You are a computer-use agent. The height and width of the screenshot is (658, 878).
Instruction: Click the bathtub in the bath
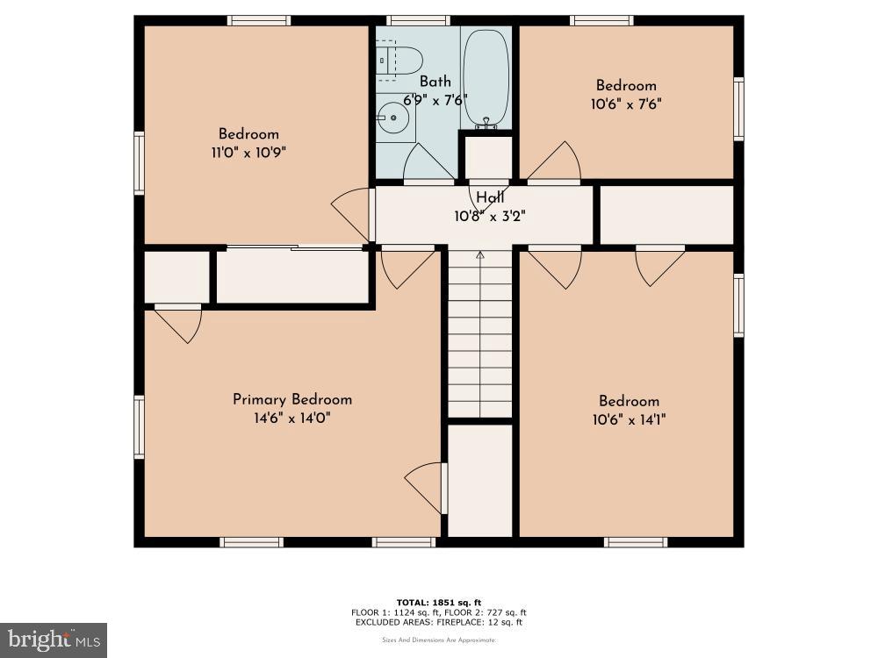486,77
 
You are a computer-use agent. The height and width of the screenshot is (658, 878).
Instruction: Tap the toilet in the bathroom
401,60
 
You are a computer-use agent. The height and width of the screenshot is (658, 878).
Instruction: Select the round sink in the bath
393,117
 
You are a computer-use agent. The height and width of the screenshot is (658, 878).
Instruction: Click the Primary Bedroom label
292,399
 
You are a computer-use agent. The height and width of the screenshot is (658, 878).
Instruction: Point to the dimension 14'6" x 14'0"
292,418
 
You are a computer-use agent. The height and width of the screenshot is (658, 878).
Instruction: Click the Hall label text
489,197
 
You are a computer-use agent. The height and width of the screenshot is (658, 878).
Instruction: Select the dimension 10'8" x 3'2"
489,215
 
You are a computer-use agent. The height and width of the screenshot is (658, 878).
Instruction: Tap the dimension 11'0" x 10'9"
248,152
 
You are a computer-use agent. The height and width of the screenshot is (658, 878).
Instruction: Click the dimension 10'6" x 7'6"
626,103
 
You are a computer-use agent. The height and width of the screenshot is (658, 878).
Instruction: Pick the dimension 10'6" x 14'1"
629,420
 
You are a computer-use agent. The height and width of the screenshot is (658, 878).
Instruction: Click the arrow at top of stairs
480,255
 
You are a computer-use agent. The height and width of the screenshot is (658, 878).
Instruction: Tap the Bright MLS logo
54,640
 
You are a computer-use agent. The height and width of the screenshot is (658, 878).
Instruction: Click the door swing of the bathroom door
428,162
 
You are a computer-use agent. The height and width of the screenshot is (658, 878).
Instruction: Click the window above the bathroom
419,20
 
